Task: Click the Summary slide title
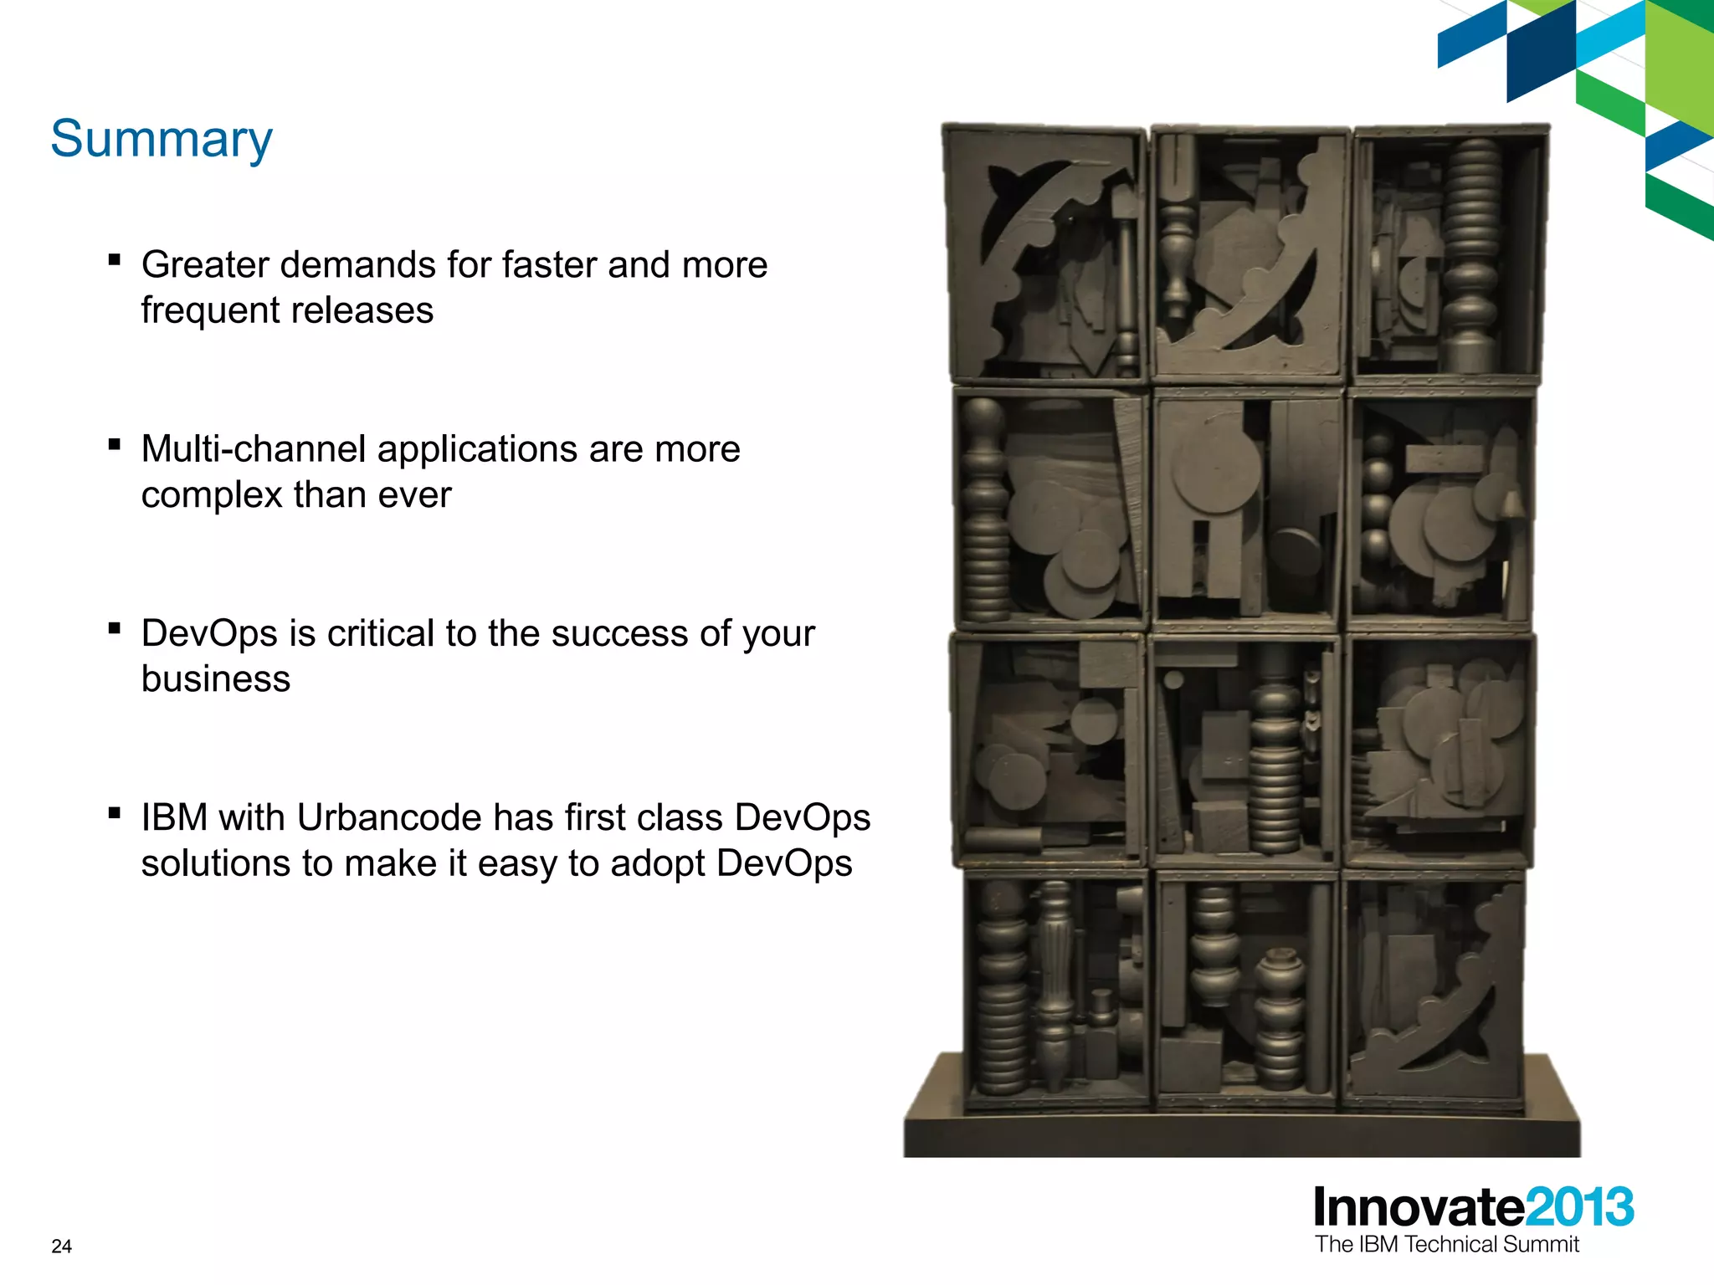(162, 139)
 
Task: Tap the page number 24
(62, 1247)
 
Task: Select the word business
(216, 678)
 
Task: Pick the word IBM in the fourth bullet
(174, 817)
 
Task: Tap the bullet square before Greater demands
(115, 259)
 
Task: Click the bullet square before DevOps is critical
(115, 628)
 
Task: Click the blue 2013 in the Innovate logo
(1579, 1207)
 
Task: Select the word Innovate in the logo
(1419, 1207)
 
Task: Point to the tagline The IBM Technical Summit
(1446, 1245)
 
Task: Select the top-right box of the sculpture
(1450, 255)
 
